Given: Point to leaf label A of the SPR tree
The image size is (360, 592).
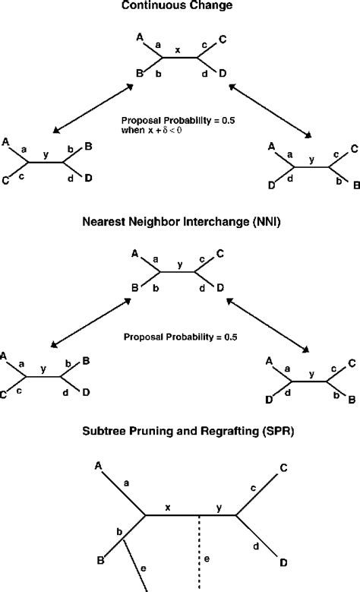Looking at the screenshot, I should click(97, 465).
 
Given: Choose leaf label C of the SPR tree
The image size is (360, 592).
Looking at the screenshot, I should click(283, 468).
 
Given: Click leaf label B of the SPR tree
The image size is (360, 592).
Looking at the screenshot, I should click(101, 560).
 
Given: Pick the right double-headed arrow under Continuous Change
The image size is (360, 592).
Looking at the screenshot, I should click(269, 112).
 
